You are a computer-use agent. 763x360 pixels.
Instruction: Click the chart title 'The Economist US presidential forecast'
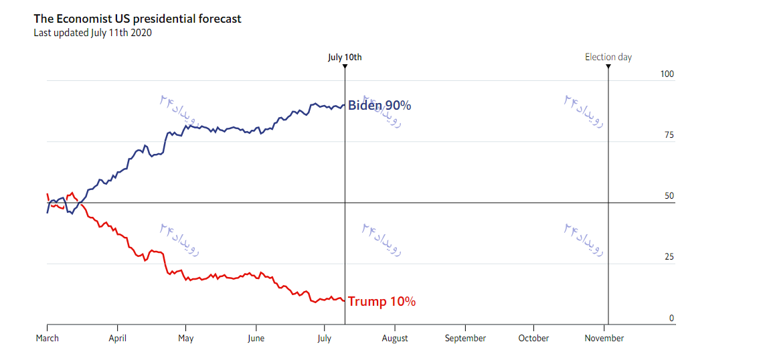(137, 19)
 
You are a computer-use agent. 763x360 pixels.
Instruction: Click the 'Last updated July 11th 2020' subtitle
(92, 32)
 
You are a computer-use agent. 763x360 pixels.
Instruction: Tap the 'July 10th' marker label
(345, 57)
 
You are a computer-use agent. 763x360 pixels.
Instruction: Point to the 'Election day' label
(608, 57)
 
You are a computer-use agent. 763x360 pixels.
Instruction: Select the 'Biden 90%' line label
(379, 106)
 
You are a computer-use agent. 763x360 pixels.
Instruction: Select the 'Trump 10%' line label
(381, 302)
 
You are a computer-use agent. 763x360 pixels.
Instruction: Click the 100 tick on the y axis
(667, 74)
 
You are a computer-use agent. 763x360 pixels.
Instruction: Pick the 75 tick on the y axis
(669, 135)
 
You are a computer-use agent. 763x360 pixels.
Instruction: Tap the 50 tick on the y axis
(669, 196)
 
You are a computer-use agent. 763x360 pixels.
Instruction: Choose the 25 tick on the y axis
(669, 257)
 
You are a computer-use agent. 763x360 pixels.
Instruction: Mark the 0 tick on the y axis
(671, 318)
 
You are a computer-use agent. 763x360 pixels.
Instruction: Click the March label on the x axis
(47, 338)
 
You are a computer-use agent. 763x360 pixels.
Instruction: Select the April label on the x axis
(117, 338)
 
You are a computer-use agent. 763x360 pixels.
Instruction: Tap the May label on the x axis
(185, 338)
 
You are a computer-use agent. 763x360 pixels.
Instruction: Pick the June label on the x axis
(256, 338)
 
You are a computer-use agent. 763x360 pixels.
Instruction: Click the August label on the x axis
(395, 338)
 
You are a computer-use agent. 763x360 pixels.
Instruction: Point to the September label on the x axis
(465, 338)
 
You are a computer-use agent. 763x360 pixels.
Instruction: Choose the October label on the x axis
(533, 338)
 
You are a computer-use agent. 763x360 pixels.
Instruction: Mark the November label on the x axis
(604, 338)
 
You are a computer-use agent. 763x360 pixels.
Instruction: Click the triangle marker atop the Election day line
(608, 66)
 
